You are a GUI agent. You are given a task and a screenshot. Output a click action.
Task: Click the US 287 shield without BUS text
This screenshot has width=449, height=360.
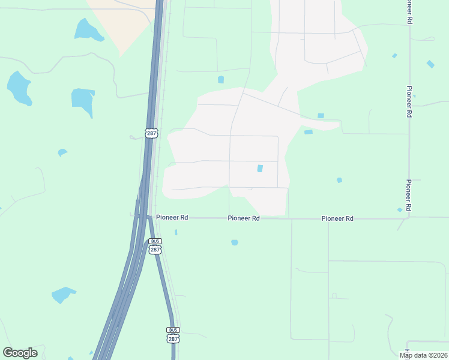151,132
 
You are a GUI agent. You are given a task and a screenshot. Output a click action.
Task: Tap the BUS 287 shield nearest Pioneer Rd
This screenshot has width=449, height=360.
155,246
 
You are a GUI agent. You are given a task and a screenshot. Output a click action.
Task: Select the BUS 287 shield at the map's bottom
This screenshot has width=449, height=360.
173,335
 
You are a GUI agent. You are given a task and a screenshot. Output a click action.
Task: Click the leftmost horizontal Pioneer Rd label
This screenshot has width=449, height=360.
172,218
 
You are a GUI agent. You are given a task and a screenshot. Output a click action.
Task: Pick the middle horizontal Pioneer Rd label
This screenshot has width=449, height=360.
244,218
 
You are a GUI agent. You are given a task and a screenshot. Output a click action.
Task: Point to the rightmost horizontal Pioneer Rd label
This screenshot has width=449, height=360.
337,218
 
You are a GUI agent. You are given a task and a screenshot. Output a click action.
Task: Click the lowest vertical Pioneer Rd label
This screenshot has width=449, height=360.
408,195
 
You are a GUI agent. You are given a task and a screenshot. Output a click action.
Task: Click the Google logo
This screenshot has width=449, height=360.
20,353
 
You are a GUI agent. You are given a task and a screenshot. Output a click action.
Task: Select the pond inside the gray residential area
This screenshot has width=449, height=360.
260,169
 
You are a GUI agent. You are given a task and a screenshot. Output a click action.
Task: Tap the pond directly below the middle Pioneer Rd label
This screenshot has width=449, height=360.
235,242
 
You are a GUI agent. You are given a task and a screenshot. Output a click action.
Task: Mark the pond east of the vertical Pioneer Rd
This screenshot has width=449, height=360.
430,64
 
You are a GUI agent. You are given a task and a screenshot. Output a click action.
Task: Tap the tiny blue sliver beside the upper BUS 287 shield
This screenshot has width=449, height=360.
176,232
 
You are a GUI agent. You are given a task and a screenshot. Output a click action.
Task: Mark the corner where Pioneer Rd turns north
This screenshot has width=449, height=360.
409,217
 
